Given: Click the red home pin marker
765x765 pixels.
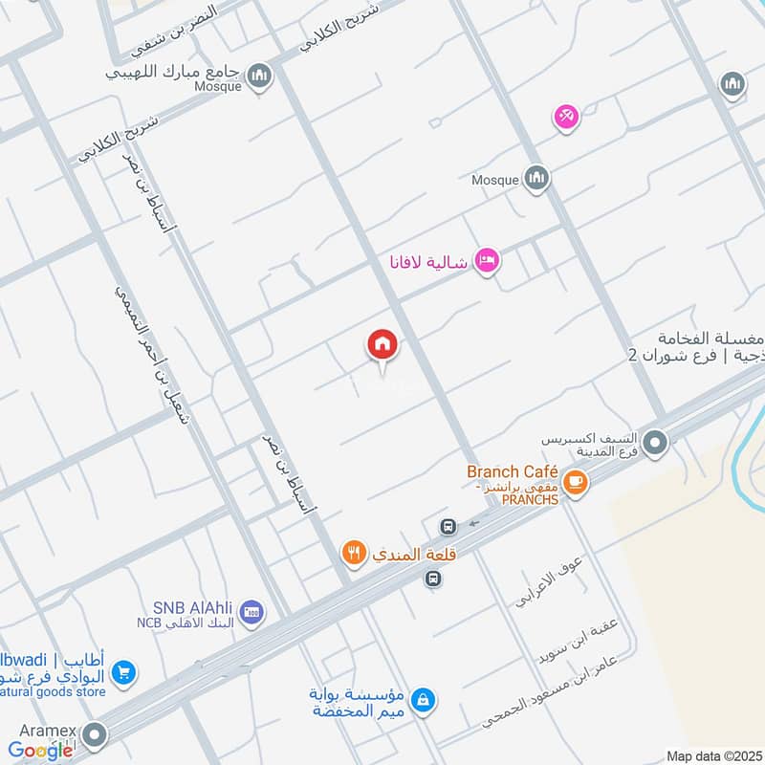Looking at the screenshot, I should click(x=382, y=344).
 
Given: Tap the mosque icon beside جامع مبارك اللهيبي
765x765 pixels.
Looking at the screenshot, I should click(x=258, y=76).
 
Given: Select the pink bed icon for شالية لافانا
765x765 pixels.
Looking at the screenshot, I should click(x=487, y=260).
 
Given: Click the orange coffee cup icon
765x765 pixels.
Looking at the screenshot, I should click(x=574, y=483).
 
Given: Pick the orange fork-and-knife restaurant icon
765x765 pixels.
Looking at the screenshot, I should click(x=354, y=551).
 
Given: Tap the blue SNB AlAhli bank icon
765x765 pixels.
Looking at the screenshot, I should click(x=251, y=612).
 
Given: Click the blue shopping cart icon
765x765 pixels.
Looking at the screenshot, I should click(x=122, y=674).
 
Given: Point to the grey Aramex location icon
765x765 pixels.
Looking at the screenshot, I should click(x=94, y=734).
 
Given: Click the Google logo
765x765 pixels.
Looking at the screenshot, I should click(x=40, y=751).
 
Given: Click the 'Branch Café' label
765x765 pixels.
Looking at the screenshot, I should click(x=506, y=471).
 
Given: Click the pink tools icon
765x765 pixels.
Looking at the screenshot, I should click(x=566, y=118).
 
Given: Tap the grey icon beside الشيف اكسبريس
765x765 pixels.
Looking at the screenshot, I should click(x=655, y=443).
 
